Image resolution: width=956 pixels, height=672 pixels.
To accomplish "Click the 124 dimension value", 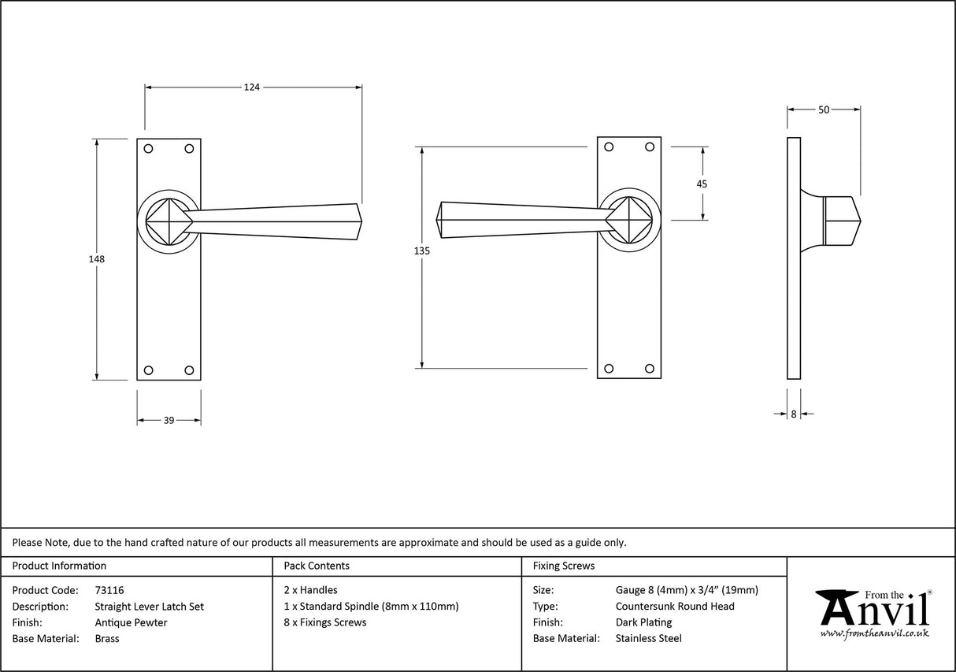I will click(x=251, y=87).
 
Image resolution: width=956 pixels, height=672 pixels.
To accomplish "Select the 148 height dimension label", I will click(x=97, y=258).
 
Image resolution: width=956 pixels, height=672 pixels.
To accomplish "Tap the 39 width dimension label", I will click(x=169, y=421).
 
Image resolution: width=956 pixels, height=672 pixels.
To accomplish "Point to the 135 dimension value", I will click(x=422, y=251).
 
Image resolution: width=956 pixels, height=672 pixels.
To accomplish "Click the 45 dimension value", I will click(x=702, y=184).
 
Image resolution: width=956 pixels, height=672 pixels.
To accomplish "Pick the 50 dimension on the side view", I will click(x=823, y=110).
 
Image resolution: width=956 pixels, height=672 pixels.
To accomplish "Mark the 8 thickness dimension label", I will click(x=793, y=414).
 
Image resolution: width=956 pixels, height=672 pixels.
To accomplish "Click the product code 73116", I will click(x=109, y=590).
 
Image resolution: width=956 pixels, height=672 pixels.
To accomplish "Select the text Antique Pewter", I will click(x=131, y=622).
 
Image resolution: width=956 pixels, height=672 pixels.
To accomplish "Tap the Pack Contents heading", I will click(x=317, y=566).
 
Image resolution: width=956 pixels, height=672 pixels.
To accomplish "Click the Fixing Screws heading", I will click(x=563, y=566).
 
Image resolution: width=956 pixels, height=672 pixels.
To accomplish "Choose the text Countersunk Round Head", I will click(x=675, y=606).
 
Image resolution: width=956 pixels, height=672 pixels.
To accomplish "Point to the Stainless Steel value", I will click(x=648, y=638).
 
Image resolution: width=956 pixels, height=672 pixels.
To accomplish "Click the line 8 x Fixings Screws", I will click(x=324, y=622).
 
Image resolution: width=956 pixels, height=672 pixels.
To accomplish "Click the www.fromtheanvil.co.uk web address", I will click(x=874, y=633).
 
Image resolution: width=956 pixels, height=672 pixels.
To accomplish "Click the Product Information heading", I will click(x=59, y=566).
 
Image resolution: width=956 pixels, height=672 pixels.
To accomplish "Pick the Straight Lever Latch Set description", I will click(x=149, y=606).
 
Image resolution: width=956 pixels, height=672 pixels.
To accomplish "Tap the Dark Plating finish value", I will click(x=643, y=622).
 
